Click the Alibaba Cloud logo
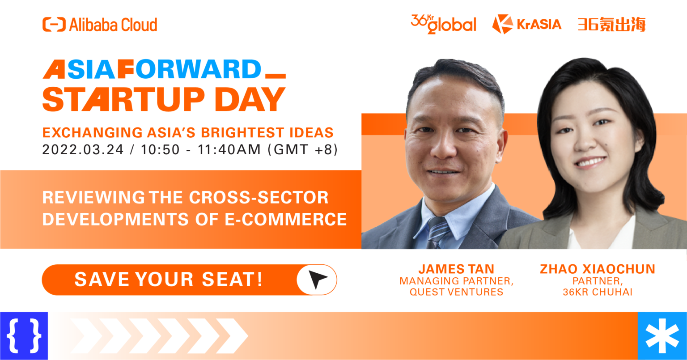(x=100, y=25)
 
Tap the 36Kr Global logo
(x=443, y=24)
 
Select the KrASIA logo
(x=526, y=24)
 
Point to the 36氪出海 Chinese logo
(x=611, y=24)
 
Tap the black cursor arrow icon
(x=317, y=280)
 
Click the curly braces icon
(x=24, y=335)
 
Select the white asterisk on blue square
(x=662, y=336)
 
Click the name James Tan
(x=456, y=269)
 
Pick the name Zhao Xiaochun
(x=597, y=269)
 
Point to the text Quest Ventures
(x=456, y=292)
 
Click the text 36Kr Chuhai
(x=597, y=292)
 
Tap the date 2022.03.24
(x=83, y=149)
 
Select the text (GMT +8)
(x=302, y=149)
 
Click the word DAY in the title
(x=253, y=99)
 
